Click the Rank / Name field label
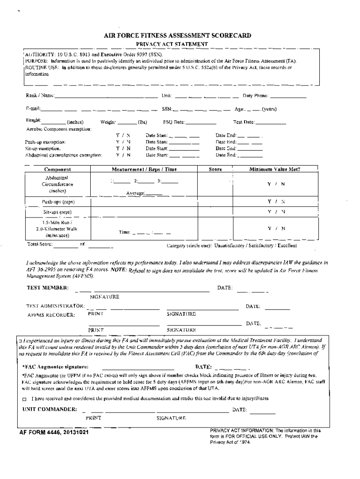point(40,96)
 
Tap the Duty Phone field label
point(255,96)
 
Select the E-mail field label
point(33,109)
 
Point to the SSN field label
point(167,109)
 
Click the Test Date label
point(244,123)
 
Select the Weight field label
point(108,123)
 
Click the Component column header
point(58,169)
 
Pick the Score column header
point(215,169)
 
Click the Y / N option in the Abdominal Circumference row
point(276,184)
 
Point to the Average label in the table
point(135,193)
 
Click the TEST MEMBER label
point(47,287)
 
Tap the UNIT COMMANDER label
point(50,409)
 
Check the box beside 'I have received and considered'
point(25,399)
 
